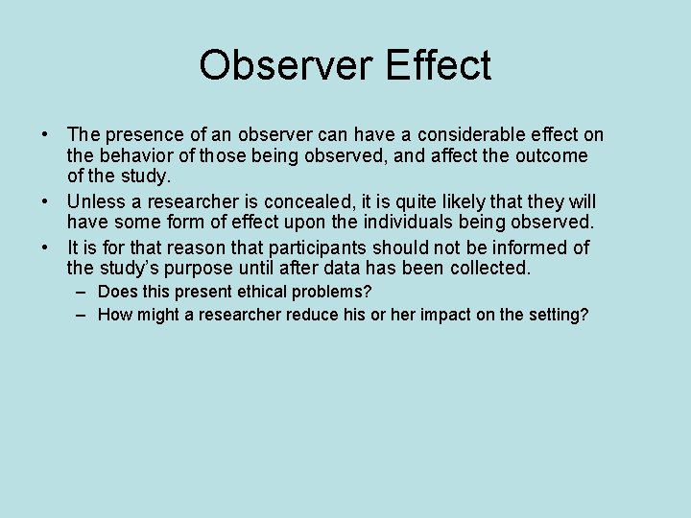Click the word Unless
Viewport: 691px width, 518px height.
click(95, 202)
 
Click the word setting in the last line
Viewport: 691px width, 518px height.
click(556, 315)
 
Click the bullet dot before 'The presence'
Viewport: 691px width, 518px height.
click(46, 135)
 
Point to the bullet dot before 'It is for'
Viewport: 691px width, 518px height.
click(46, 248)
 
